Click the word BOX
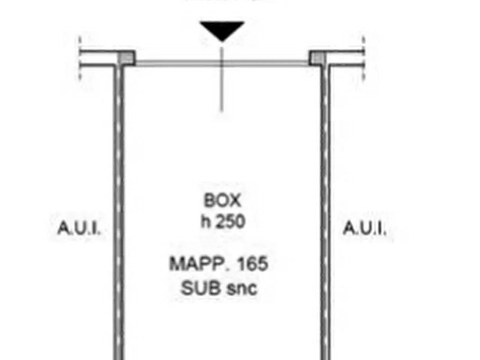[223, 200]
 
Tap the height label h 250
[223, 221]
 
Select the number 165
[253, 264]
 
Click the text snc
[241, 289]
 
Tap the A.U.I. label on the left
[79, 228]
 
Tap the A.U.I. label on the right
[364, 228]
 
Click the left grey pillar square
[126, 57]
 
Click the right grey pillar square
[317, 57]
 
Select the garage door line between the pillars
[222, 63]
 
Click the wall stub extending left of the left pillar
[99, 58]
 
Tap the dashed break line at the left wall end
[80, 58]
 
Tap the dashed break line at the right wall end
[364, 58]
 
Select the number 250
[231, 221]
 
